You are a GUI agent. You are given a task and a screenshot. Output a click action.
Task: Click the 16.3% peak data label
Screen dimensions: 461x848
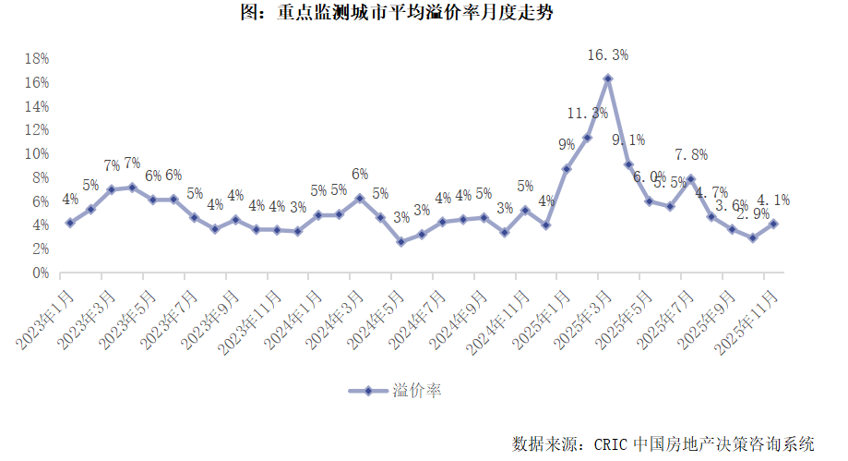(608, 55)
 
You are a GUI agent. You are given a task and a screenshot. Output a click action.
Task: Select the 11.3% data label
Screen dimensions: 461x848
(587, 114)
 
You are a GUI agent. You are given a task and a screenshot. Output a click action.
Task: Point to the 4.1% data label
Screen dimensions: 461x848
(772, 200)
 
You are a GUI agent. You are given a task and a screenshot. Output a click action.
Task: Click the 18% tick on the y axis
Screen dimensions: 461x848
(36, 58)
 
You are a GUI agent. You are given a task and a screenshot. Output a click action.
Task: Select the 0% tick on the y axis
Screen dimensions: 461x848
(40, 273)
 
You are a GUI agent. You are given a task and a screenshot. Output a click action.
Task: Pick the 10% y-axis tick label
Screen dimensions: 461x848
(36, 153)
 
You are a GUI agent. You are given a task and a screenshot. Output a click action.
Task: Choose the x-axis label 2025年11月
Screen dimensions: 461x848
(748, 318)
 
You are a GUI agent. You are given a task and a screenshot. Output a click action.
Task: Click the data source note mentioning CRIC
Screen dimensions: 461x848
(663, 443)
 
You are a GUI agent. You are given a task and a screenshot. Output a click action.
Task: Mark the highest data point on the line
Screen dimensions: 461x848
(608, 79)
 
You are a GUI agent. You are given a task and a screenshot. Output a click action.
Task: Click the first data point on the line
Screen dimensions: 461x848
(69, 223)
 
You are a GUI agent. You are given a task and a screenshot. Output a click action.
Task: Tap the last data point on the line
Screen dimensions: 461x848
(773, 224)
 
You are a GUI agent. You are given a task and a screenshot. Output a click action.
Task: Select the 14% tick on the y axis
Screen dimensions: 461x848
(36, 105)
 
